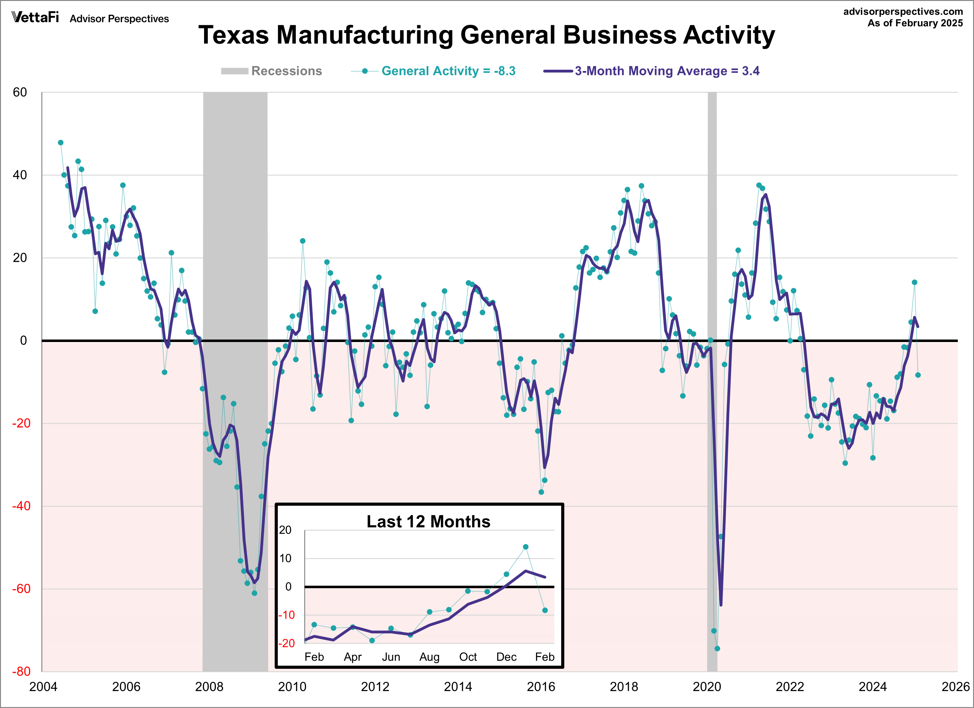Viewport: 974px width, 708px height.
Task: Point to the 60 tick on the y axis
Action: pos(20,92)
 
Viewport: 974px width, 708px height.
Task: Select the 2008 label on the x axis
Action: pos(209,687)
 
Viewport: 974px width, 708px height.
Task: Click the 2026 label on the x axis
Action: pos(956,687)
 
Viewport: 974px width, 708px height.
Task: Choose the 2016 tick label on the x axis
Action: pos(541,687)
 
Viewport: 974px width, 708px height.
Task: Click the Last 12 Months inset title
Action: pos(428,522)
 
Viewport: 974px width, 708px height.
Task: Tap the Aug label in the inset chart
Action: pos(430,657)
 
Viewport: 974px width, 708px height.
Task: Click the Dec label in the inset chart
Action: pos(506,657)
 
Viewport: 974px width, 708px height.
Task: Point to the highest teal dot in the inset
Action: pos(526,547)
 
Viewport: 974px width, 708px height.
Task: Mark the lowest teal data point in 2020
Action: pos(717,649)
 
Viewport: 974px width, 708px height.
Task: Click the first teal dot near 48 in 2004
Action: pos(61,143)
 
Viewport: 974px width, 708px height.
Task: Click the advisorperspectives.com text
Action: pos(903,12)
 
